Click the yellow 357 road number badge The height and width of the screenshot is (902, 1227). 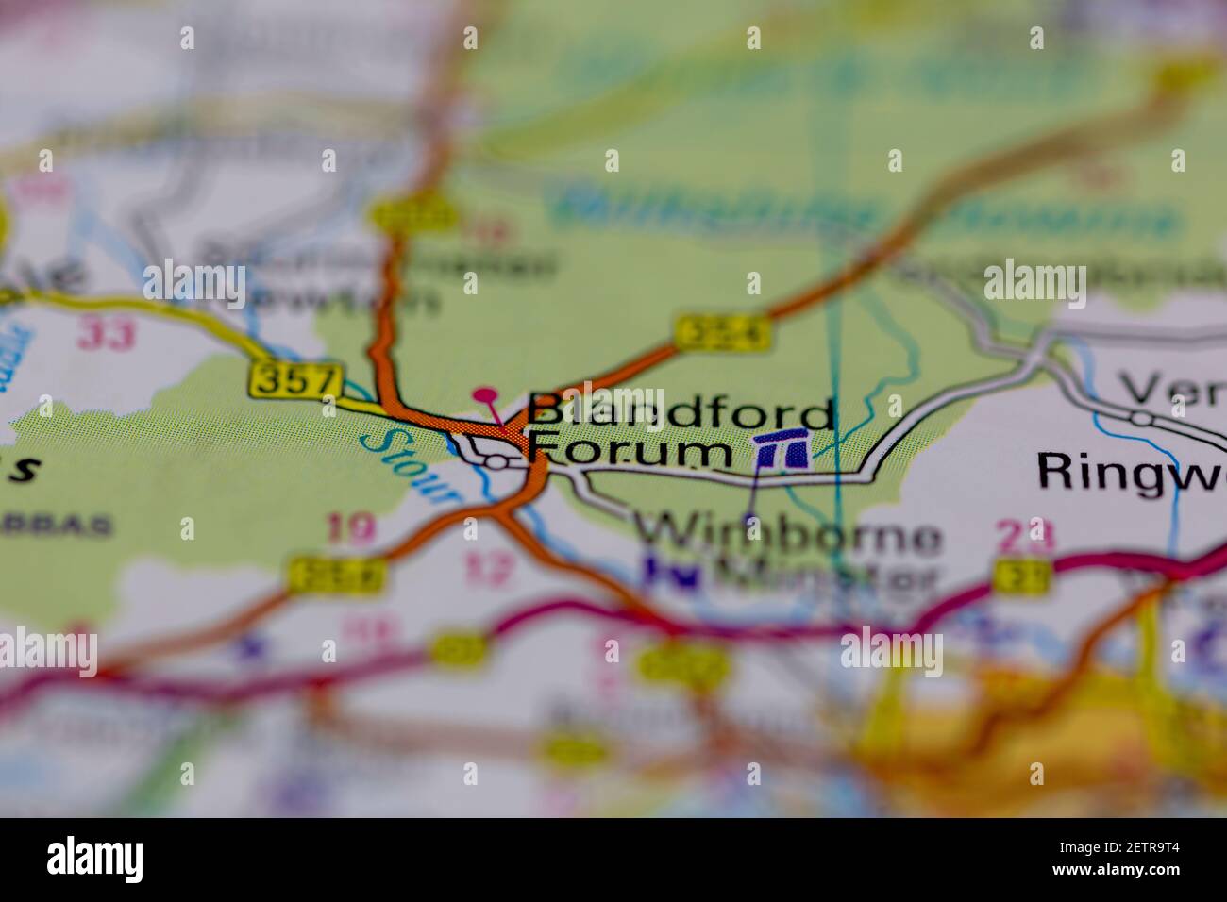[294, 381]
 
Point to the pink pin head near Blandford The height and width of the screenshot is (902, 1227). [485, 395]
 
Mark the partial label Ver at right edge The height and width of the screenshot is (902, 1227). [1171, 388]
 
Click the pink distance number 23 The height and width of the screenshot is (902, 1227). [1025, 537]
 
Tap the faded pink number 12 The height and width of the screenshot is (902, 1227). [491, 569]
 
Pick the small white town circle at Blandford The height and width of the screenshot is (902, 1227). [496, 461]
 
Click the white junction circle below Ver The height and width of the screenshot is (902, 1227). [1142, 416]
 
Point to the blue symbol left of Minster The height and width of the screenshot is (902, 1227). [673, 573]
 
